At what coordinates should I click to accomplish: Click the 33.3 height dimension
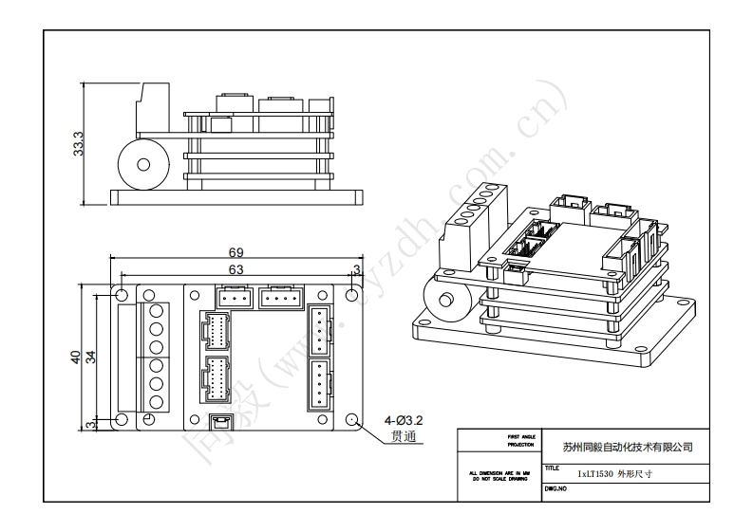click(x=80, y=143)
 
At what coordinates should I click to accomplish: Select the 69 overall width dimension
click(x=236, y=252)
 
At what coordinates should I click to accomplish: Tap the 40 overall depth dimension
click(x=76, y=357)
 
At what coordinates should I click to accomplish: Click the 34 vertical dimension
click(x=92, y=357)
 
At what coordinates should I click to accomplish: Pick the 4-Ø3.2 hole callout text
click(x=403, y=420)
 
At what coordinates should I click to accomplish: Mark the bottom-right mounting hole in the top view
click(x=353, y=420)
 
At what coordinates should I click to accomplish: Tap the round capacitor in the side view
click(x=141, y=164)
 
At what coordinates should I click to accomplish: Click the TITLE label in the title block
click(x=553, y=468)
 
